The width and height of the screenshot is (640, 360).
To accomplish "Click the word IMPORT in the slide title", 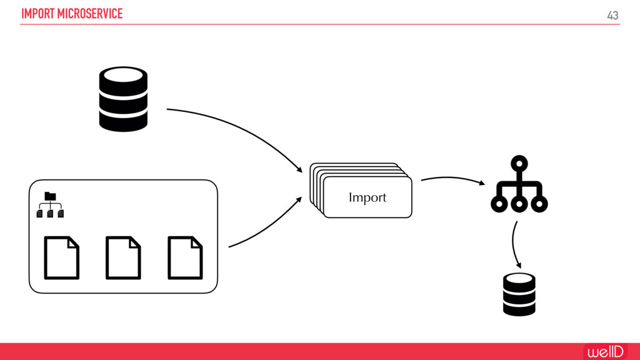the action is (37, 14).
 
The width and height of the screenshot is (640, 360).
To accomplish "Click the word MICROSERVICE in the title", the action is (90, 14).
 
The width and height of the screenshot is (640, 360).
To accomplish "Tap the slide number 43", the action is (612, 15).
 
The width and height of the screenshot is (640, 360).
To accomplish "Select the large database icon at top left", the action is (123, 99).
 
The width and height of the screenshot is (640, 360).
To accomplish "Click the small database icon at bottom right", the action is (519, 294).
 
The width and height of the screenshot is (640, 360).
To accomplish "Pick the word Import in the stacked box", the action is (367, 197).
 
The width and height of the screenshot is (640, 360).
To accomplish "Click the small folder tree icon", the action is (50, 205).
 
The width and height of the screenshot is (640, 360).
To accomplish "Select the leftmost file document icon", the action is (61, 257).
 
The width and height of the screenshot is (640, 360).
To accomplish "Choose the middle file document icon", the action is (123, 257).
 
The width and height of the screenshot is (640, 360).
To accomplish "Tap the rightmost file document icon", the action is (185, 257).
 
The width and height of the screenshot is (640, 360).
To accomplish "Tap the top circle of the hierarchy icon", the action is (519, 164).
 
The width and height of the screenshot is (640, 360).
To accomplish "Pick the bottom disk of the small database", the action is (519, 307).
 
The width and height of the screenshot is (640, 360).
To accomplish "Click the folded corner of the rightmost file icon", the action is (197, 241).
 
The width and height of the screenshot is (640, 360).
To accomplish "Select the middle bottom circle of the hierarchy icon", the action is (519, 204).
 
